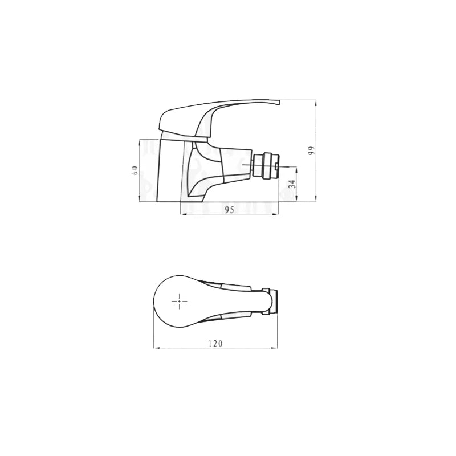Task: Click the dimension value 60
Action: pyautogui.click(x=135, y=170)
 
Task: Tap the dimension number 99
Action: pyautogui.click(x=312, y=150)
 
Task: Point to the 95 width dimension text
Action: pyautogui.click(x=229, y=209)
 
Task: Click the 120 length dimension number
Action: pyautogui.click(x=215, y=343)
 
